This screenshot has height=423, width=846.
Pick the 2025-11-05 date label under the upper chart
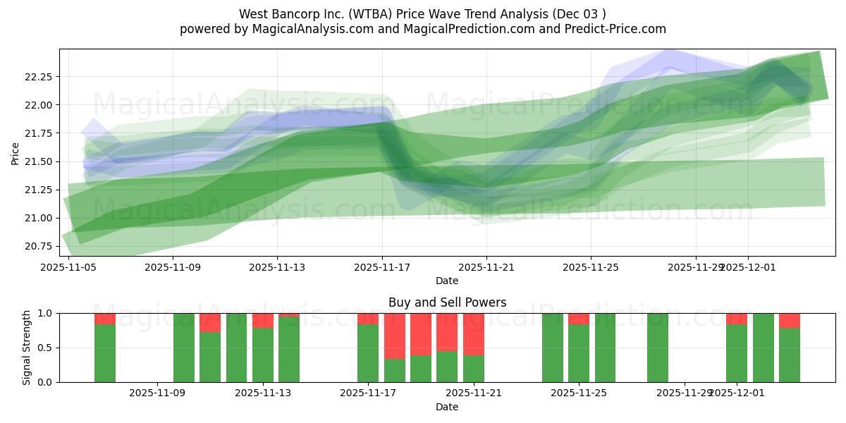(x=68, y=267)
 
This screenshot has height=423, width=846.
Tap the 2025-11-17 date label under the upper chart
(x=382, y=267)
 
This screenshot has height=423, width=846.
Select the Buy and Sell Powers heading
(x=447, y=302)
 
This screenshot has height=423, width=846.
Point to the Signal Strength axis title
(x=27, y=348)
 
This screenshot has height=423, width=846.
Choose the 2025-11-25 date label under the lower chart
(x=579, y=393)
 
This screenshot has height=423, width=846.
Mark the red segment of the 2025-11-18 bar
(x=395, y=336)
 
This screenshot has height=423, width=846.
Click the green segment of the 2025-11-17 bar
(x=368, y=352)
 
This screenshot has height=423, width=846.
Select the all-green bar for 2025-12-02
(x=763, y=348)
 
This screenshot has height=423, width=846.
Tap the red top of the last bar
(x=790, y=321)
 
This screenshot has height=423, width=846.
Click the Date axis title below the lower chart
(x=447, y=407)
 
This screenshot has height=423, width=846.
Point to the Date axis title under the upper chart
(x=447, y=281)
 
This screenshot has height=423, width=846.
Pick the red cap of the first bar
(x=105, y=319)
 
